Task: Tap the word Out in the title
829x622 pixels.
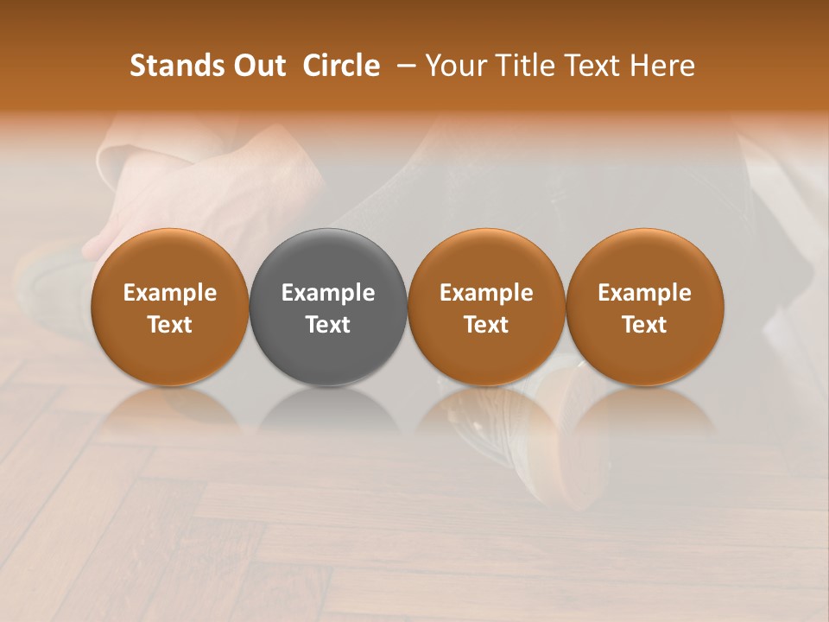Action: coord(258,67)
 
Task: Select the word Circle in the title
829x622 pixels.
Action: coord(341,67)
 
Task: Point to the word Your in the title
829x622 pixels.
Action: coord(454,67)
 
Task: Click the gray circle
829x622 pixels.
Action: coord(328,308)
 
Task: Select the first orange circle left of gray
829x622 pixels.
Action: coord(170,308)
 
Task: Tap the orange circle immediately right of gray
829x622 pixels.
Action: coord(486,308)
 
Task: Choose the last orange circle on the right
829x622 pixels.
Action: coord(644,308)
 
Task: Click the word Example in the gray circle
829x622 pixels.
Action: coord(328,293)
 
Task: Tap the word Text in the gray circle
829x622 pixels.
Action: coord(328,325)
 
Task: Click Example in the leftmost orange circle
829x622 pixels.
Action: coord(170,293)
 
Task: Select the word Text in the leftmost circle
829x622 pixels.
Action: coord(170,325)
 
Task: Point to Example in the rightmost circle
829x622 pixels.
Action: coord(644,293)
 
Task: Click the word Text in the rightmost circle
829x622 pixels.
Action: coord(644,325)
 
